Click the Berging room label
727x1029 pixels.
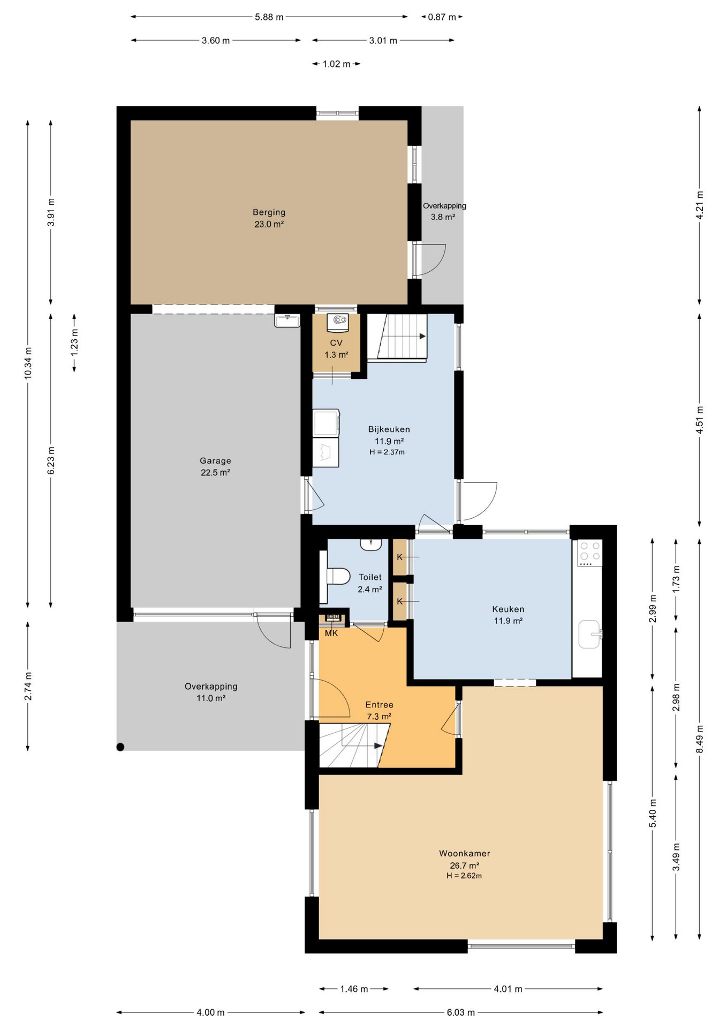click(269, 212)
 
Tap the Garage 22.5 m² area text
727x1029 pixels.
click(215, 466)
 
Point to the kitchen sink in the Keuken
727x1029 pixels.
click(590, 634)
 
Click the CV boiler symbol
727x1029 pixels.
click(338, 320)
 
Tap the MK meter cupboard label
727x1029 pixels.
click(331, 633)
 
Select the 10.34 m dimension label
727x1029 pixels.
click(28, 363)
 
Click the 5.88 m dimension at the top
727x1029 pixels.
click(269, 17)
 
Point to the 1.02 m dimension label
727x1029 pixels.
click(336, 64)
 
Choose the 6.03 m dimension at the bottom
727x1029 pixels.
click(461, 1012)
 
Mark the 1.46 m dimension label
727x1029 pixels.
click(354, 989)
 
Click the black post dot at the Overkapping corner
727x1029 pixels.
click(120, 747)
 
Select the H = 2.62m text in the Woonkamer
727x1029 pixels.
click(464, 876)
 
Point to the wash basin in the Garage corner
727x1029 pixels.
click(287, 320)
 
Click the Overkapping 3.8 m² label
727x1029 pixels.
click(444, 211)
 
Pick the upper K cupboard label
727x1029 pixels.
click(399, 557)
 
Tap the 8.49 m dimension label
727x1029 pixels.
click(699, 739)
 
